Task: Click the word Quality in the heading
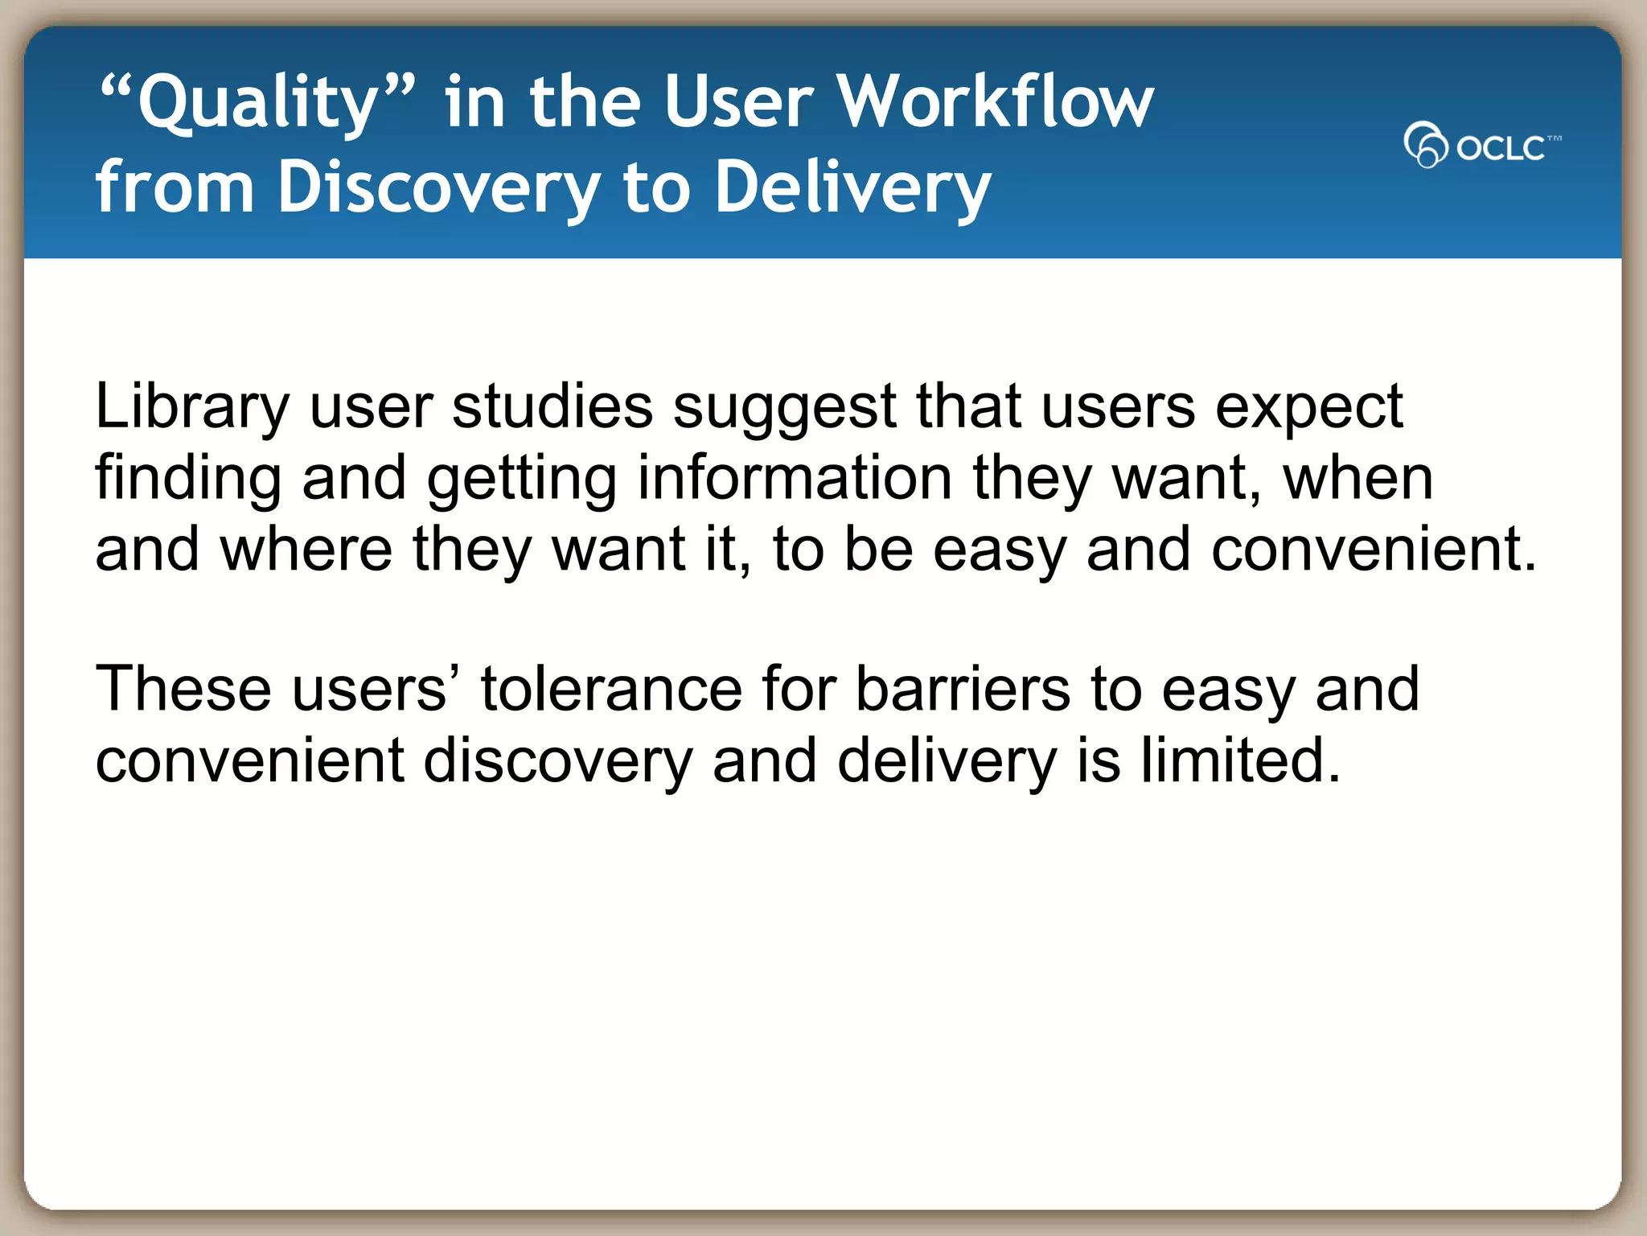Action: coord(257,103)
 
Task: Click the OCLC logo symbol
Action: coord(1425,145)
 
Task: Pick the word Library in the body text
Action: coord(191,407)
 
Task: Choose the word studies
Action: coord(552,406)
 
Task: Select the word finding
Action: coord(187,479)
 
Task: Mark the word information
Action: coord(795,477)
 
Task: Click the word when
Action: coord(1357,479)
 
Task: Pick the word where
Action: coord(306,550)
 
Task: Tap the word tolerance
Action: coord(611,690)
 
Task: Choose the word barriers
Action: coord(962,690)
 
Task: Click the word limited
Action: coord(1240,760)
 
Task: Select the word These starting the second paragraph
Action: coord(183,690)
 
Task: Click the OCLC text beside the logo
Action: coord(1501,148)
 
